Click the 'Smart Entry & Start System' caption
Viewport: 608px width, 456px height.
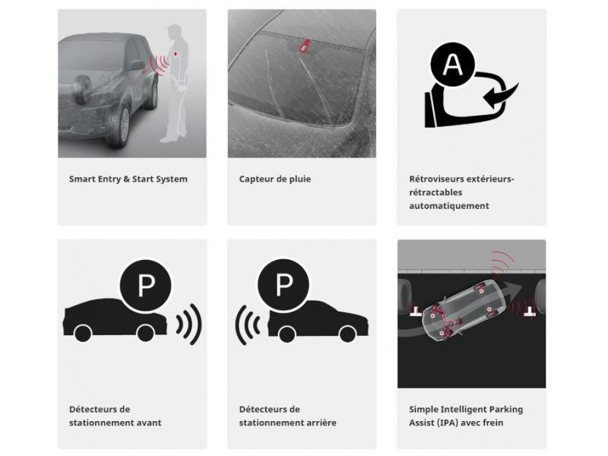click(128, 179)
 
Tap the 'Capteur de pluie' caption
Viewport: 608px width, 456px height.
click(275, 179)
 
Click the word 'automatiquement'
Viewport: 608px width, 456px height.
click(449, 206)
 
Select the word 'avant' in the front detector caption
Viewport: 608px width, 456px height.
click(148, 423)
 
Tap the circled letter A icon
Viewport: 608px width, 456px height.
click(452, 64)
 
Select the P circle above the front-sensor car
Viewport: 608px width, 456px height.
click(146, 286)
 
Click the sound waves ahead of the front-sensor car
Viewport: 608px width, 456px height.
click(189, 325)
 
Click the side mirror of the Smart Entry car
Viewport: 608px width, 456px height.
click(136, 65)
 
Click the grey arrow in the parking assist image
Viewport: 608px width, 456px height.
click(511, 290)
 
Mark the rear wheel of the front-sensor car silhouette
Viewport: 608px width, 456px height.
click(83, 334)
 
